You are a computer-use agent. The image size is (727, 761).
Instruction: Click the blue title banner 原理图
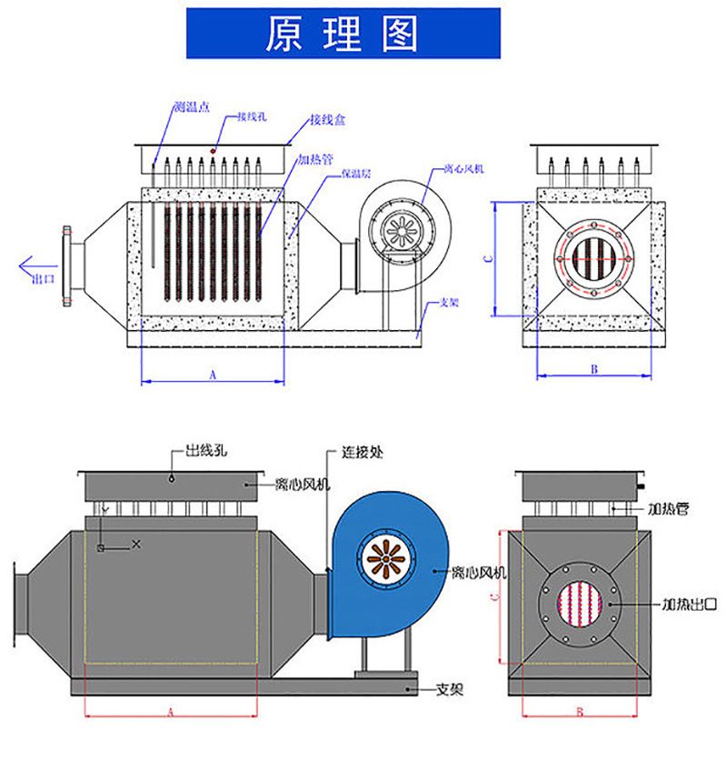(x=343, y=34)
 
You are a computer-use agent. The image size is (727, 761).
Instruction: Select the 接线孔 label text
(x=251, y=116)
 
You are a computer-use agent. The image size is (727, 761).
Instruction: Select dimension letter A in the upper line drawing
(x=213, y=374)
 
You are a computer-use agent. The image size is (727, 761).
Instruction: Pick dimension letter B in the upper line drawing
(x=593, y=369)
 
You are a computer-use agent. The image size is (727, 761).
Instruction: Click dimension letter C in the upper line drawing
(x=489, y=258)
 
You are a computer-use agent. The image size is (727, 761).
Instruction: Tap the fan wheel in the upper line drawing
(x=400, y=230)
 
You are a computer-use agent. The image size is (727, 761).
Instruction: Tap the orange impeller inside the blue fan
(x=388, y=561)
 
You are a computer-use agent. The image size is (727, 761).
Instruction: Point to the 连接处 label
(x=359, y=451)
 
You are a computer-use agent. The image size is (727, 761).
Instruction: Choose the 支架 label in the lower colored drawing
(x=450, y=690)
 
